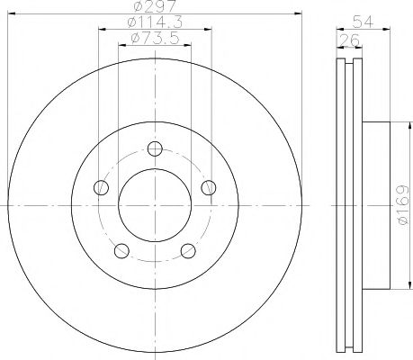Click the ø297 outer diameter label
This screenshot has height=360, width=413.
tap(155, 8)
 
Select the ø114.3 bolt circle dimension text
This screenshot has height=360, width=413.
tap(155, 23)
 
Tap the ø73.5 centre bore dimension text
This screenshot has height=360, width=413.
tap(154, 38)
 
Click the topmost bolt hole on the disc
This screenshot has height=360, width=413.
tap(155, 148)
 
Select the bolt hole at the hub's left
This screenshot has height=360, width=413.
tap(102, 188)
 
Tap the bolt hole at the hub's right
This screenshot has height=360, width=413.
tap(209, 187)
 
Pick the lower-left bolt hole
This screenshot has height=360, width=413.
tap(121, 250)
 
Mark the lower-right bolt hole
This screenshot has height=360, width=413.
tap(188, 250)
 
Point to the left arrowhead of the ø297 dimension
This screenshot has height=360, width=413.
tap(10, 16)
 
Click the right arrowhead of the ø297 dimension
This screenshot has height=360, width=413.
tap(300, 16)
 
